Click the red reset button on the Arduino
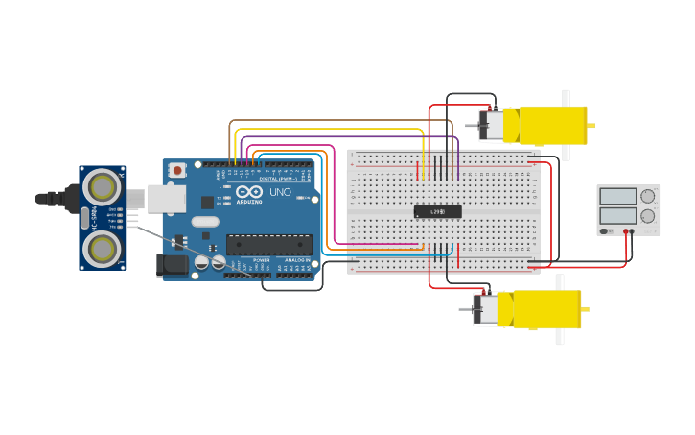177,170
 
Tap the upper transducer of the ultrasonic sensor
101,186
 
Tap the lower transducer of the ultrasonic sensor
101,249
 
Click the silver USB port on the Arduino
166,199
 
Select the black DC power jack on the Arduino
173,264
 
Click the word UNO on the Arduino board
280,192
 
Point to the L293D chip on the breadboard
437,211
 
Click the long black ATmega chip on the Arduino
268,244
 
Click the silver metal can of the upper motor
492,125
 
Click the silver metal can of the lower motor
487,309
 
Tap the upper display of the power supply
617,196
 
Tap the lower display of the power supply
617,216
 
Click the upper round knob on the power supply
648,196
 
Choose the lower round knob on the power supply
648,216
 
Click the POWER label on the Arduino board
261,260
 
